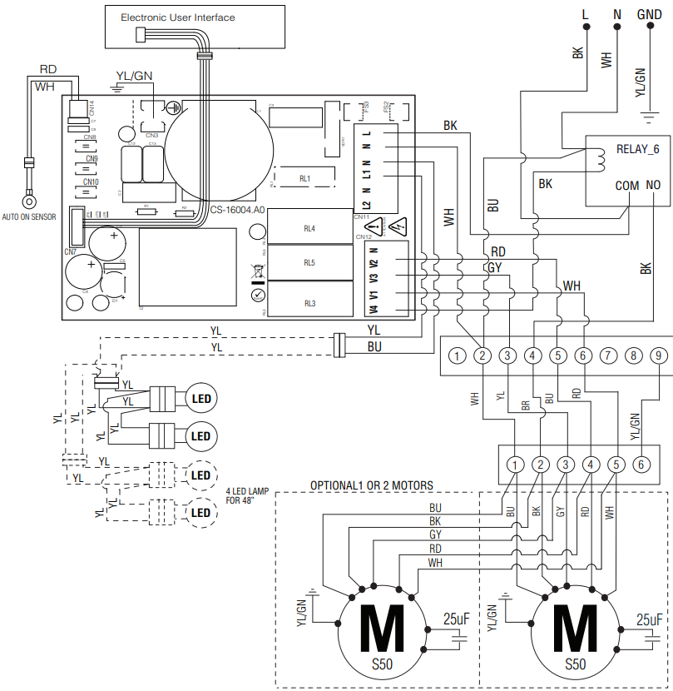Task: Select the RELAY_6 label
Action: (x=637, y=149)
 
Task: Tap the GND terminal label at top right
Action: (x=649, y=15)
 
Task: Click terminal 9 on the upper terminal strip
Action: (x=658, y=356)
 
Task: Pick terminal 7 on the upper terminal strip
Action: (x=608, y=356)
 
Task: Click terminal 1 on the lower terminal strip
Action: (x=516, y=465)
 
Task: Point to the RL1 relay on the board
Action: (x=304, y=179)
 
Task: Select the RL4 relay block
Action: (x=309, y=226)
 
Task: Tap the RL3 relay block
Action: (x=309, y=303)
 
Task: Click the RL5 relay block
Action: (x=309, y=263)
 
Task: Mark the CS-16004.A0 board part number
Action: (x=237, y=211)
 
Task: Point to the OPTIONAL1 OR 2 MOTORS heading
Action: (x=372, y=485)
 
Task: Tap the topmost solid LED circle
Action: (x=200, y=399)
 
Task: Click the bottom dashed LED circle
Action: (x=200, y=512)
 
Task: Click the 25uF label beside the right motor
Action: (x=649, y=619)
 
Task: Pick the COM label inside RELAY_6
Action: (x=626, y=186)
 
